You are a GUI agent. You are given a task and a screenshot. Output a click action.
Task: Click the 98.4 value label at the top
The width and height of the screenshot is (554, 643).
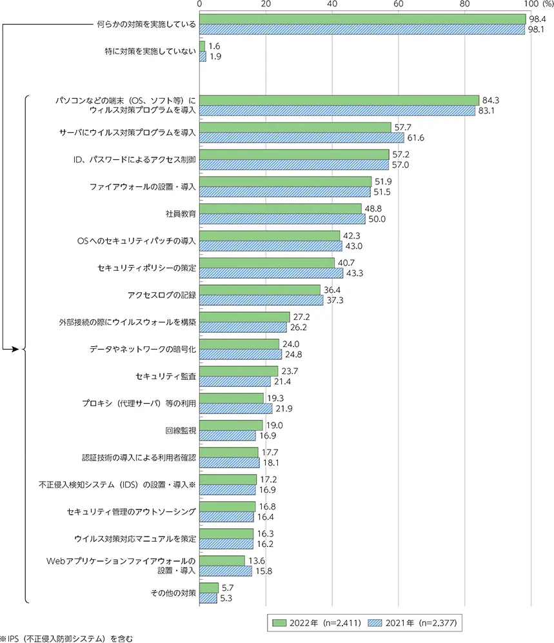[x=537, y=19]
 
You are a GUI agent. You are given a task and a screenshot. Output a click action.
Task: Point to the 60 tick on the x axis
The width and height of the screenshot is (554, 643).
[x=399, y=5]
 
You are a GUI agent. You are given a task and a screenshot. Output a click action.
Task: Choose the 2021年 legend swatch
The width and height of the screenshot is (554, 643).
[x=371, y=622]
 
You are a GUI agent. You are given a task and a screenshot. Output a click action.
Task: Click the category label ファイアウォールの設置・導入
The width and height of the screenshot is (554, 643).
[x=143, y=186]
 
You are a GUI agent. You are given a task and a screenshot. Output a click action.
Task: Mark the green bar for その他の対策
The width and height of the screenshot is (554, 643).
[x=210, y=588]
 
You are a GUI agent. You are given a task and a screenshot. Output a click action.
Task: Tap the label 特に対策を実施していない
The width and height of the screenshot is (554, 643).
[x=150, y=51]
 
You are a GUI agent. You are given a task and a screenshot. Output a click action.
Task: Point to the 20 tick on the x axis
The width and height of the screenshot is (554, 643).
[x=266, y=5]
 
